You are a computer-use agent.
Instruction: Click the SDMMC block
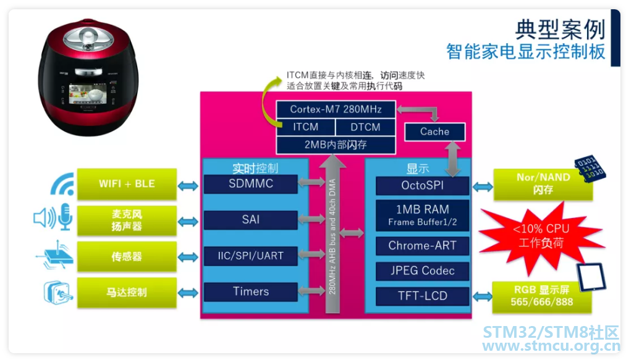251,183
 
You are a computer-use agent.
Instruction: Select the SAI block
251,219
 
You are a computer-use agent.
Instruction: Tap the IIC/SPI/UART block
251,256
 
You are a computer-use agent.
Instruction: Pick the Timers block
251,291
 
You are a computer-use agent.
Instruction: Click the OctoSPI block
423,186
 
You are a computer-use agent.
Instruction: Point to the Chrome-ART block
423,246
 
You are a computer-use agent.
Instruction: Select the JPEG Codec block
423,271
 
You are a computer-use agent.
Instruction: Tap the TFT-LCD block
423,296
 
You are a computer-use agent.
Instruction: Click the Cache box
435,132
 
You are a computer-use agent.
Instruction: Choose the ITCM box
306,127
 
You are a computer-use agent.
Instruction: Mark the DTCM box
365,127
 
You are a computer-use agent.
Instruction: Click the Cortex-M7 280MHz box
336,109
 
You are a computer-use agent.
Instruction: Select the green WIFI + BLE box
127,184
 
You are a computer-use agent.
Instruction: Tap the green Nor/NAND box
543,185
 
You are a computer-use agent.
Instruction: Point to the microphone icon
65,217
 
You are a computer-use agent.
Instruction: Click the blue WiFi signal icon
63,185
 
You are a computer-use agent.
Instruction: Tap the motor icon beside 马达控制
58,293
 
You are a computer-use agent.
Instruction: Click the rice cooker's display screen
88,94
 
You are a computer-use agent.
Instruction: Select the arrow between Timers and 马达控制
188,293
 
